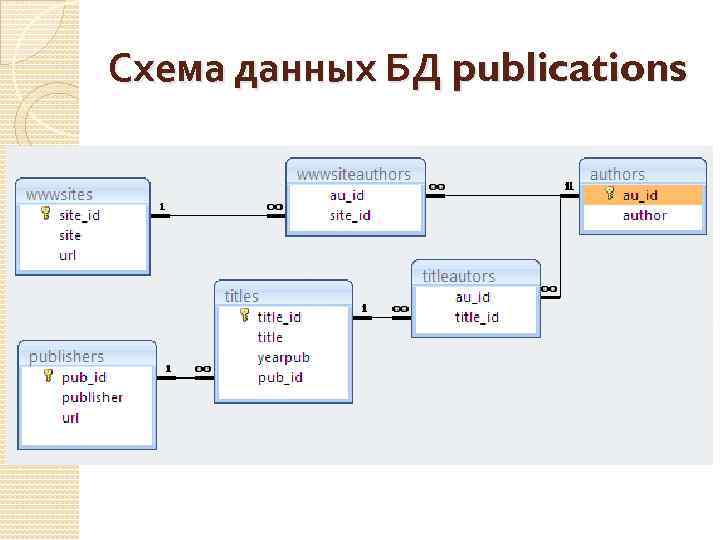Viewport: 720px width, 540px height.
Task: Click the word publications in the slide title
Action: [569, 70]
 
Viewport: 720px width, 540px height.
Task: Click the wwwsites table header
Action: [60, 193]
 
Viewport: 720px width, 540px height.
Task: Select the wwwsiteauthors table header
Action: [353, 173]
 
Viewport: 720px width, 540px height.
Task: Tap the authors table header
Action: [617, 174]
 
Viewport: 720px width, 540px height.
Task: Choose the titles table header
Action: [242, 295]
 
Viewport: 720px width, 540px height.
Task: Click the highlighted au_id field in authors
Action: [640, 195]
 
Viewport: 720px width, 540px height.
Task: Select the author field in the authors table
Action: [644, 215]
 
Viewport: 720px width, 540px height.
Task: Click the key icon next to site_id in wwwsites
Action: [46, 214]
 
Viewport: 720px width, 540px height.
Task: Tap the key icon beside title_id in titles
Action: [245, 316]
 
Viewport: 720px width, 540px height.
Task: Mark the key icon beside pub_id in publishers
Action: [48, 377]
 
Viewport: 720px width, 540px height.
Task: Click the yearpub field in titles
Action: [284, 357]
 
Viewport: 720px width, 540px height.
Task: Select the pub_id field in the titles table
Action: [280, 377]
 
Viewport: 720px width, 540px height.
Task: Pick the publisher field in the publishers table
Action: [92, 397]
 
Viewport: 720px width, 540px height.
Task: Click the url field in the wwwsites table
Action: [68, 255]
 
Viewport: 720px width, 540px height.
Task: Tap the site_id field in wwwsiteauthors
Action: [350, 215]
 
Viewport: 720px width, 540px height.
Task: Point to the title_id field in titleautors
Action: [476, 317]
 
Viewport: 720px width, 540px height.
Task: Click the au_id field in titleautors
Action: [473, 297]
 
